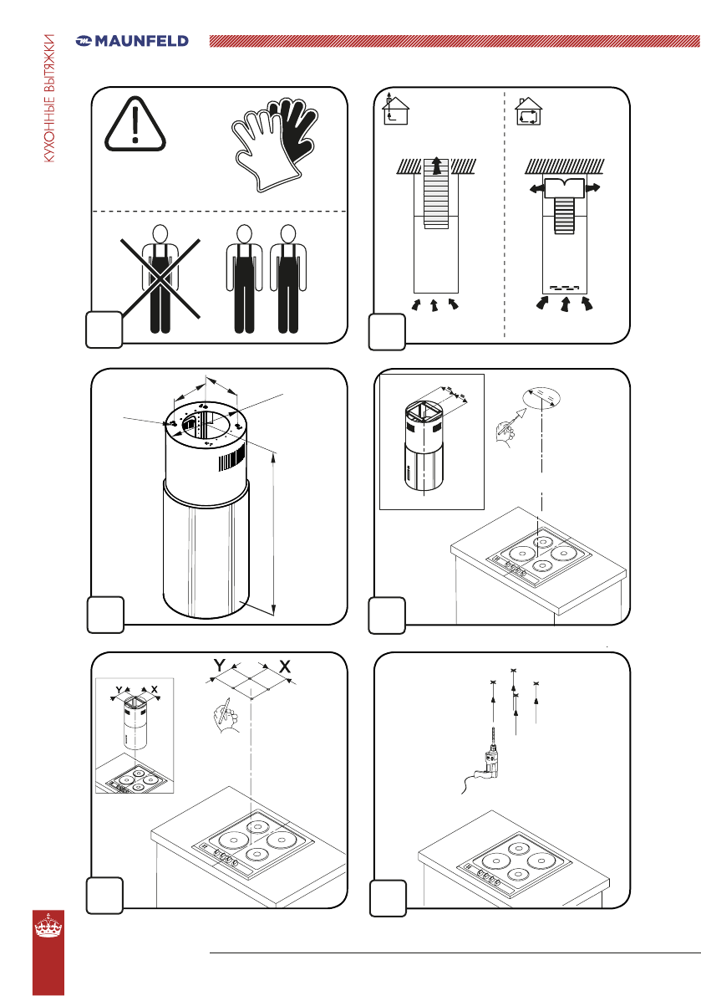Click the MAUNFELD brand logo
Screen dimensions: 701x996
pyautogui.click(x=132, y=41)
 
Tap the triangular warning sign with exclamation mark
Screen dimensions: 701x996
pyautogui.click(x=135, y=125)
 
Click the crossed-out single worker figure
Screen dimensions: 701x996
pyautogui.click(x=160, y=279)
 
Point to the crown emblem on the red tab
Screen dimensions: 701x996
pyautogui.click(x=48, y=926)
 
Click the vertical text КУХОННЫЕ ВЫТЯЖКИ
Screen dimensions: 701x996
pyautogui.click(x=49, y=99)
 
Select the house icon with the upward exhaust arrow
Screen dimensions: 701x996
pyautogui.click(x=394, y=110)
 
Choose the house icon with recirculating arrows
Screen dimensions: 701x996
pyautogui.click(x=528, y=112)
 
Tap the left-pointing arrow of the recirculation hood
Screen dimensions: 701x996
pyautogui.click(x=536, y=188)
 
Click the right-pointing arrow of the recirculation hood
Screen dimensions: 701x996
pyautogui.click(x=592, y=187)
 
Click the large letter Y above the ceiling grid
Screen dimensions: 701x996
pyautogui.click(x=220, y=666)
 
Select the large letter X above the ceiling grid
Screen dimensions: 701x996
pyautogui.click(x=285, y=667)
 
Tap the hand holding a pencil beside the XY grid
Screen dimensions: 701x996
pyautogui.click(x=226, y=716)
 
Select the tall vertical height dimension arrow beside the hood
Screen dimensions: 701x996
pyautogui.click(x=273, y=533)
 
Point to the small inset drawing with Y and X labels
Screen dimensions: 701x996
pyautogui.click(x=135, y=736)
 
